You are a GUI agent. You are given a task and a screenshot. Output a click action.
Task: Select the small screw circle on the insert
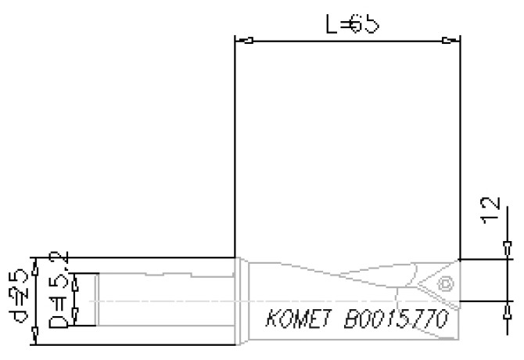point(445,283)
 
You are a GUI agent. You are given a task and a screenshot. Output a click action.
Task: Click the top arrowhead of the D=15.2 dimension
point(75,278)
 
